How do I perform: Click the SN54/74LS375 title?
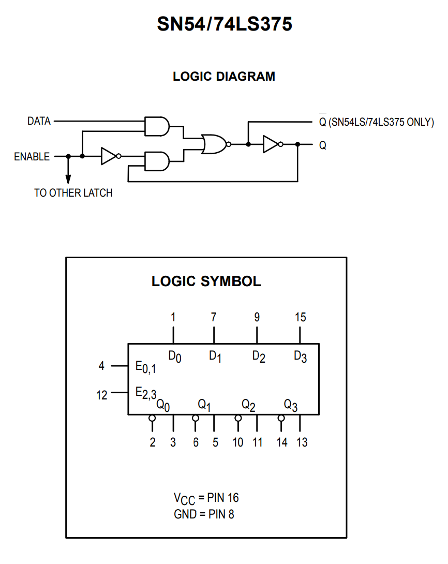(225, 24)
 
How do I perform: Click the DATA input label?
(39, 121)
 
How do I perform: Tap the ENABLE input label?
(32, 157)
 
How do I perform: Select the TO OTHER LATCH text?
(73, 193)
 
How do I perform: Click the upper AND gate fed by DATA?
(157, 126)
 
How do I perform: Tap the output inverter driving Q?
(273, 144)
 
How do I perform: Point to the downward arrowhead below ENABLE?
(68, 179)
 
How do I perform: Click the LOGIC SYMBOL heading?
(206, 281)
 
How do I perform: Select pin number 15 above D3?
(300, 317)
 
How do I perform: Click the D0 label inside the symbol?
(175, 357)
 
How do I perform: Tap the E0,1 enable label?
(145, 367)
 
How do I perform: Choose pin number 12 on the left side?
(102, 395)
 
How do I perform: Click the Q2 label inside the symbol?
(248, 405)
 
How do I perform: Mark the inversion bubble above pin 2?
(152, 418)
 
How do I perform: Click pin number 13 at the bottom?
(302, 442)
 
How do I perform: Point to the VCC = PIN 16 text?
(206, 499)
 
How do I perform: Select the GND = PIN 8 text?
(204, 514)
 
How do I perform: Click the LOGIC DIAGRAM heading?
(224, 77)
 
